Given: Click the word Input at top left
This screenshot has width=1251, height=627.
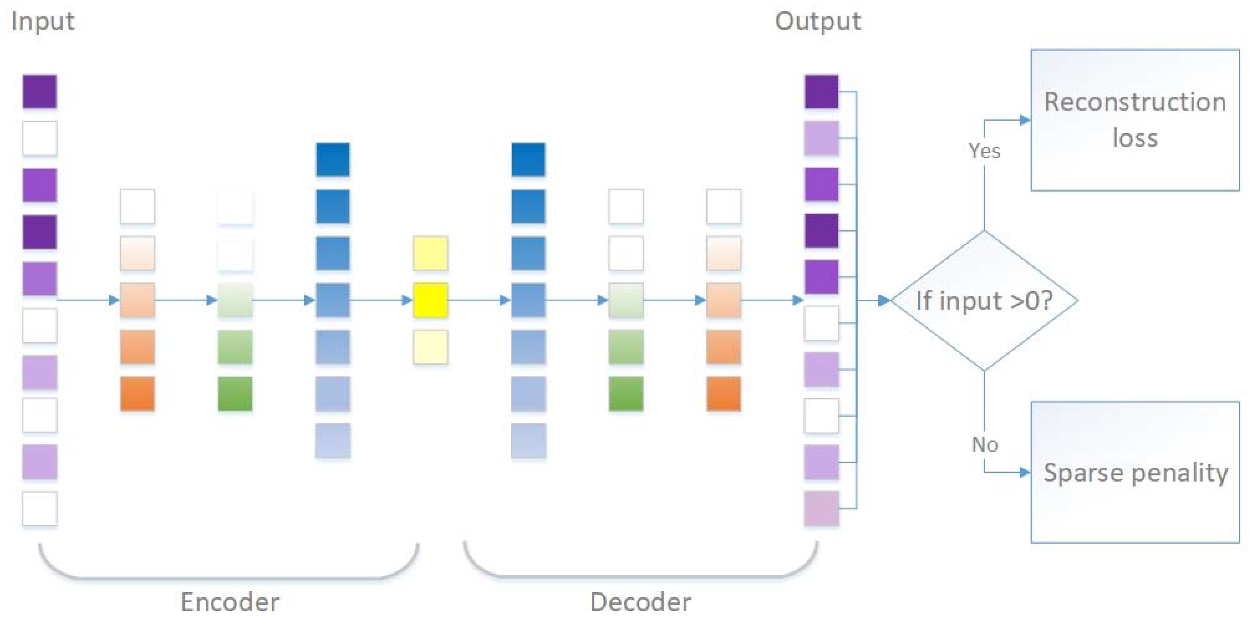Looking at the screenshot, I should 43,22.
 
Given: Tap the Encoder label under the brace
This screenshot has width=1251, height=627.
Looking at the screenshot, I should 230,602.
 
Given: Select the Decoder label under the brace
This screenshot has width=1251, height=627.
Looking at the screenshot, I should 640,602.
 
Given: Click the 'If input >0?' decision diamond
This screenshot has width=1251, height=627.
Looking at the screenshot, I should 984,301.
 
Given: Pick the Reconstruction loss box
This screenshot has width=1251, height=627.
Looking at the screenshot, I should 1135,120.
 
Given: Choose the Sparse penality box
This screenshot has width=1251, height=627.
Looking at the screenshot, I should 1135,472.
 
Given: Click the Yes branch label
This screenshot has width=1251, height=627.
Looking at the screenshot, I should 984,151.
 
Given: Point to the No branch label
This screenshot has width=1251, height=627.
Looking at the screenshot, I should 984,444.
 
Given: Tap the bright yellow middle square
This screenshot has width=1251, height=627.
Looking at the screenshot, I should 430,301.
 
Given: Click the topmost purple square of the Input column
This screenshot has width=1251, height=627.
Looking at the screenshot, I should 40,91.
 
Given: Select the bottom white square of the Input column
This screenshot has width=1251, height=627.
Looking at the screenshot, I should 40,509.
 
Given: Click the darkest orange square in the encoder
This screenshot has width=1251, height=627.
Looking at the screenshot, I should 137,393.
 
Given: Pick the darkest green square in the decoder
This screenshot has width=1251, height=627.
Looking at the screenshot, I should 626,393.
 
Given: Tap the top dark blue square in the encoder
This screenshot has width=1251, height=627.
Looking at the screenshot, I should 333,159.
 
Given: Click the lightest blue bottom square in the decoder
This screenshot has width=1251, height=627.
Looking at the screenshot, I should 528,440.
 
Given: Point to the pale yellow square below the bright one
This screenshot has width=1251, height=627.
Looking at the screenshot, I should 430,347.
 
